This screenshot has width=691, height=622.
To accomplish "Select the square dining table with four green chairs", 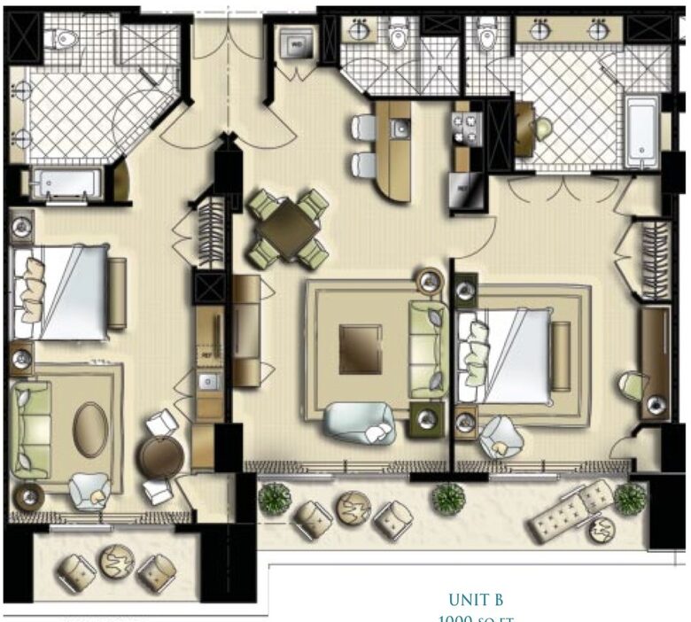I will click(x=288, y=228).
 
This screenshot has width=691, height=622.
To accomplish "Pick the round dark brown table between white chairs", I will click(x=160, y=457).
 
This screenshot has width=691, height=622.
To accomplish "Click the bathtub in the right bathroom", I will click(x=640, y=132).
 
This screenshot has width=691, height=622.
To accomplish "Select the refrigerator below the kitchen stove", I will click(x=464, y=188).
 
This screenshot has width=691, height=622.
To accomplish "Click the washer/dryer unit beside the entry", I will click(x=295, y=41).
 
